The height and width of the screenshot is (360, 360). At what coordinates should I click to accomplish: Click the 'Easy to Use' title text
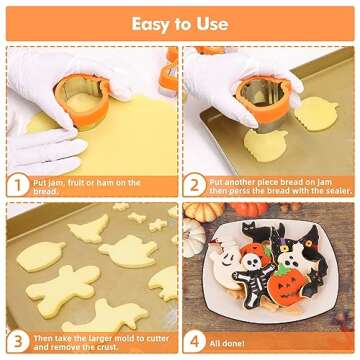coord(180,22)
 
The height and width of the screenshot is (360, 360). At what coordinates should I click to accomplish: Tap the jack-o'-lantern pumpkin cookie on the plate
coord(292,287)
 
